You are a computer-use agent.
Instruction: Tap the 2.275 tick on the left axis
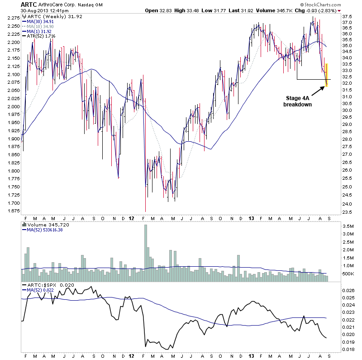(x=13, y=18)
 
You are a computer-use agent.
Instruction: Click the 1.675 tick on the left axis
(x=13, y=211)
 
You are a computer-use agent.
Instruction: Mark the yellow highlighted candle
(x=327, y=75)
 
